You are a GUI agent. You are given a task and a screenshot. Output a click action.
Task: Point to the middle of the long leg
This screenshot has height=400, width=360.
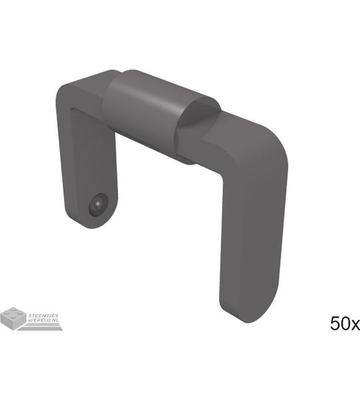tap(253, 229)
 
